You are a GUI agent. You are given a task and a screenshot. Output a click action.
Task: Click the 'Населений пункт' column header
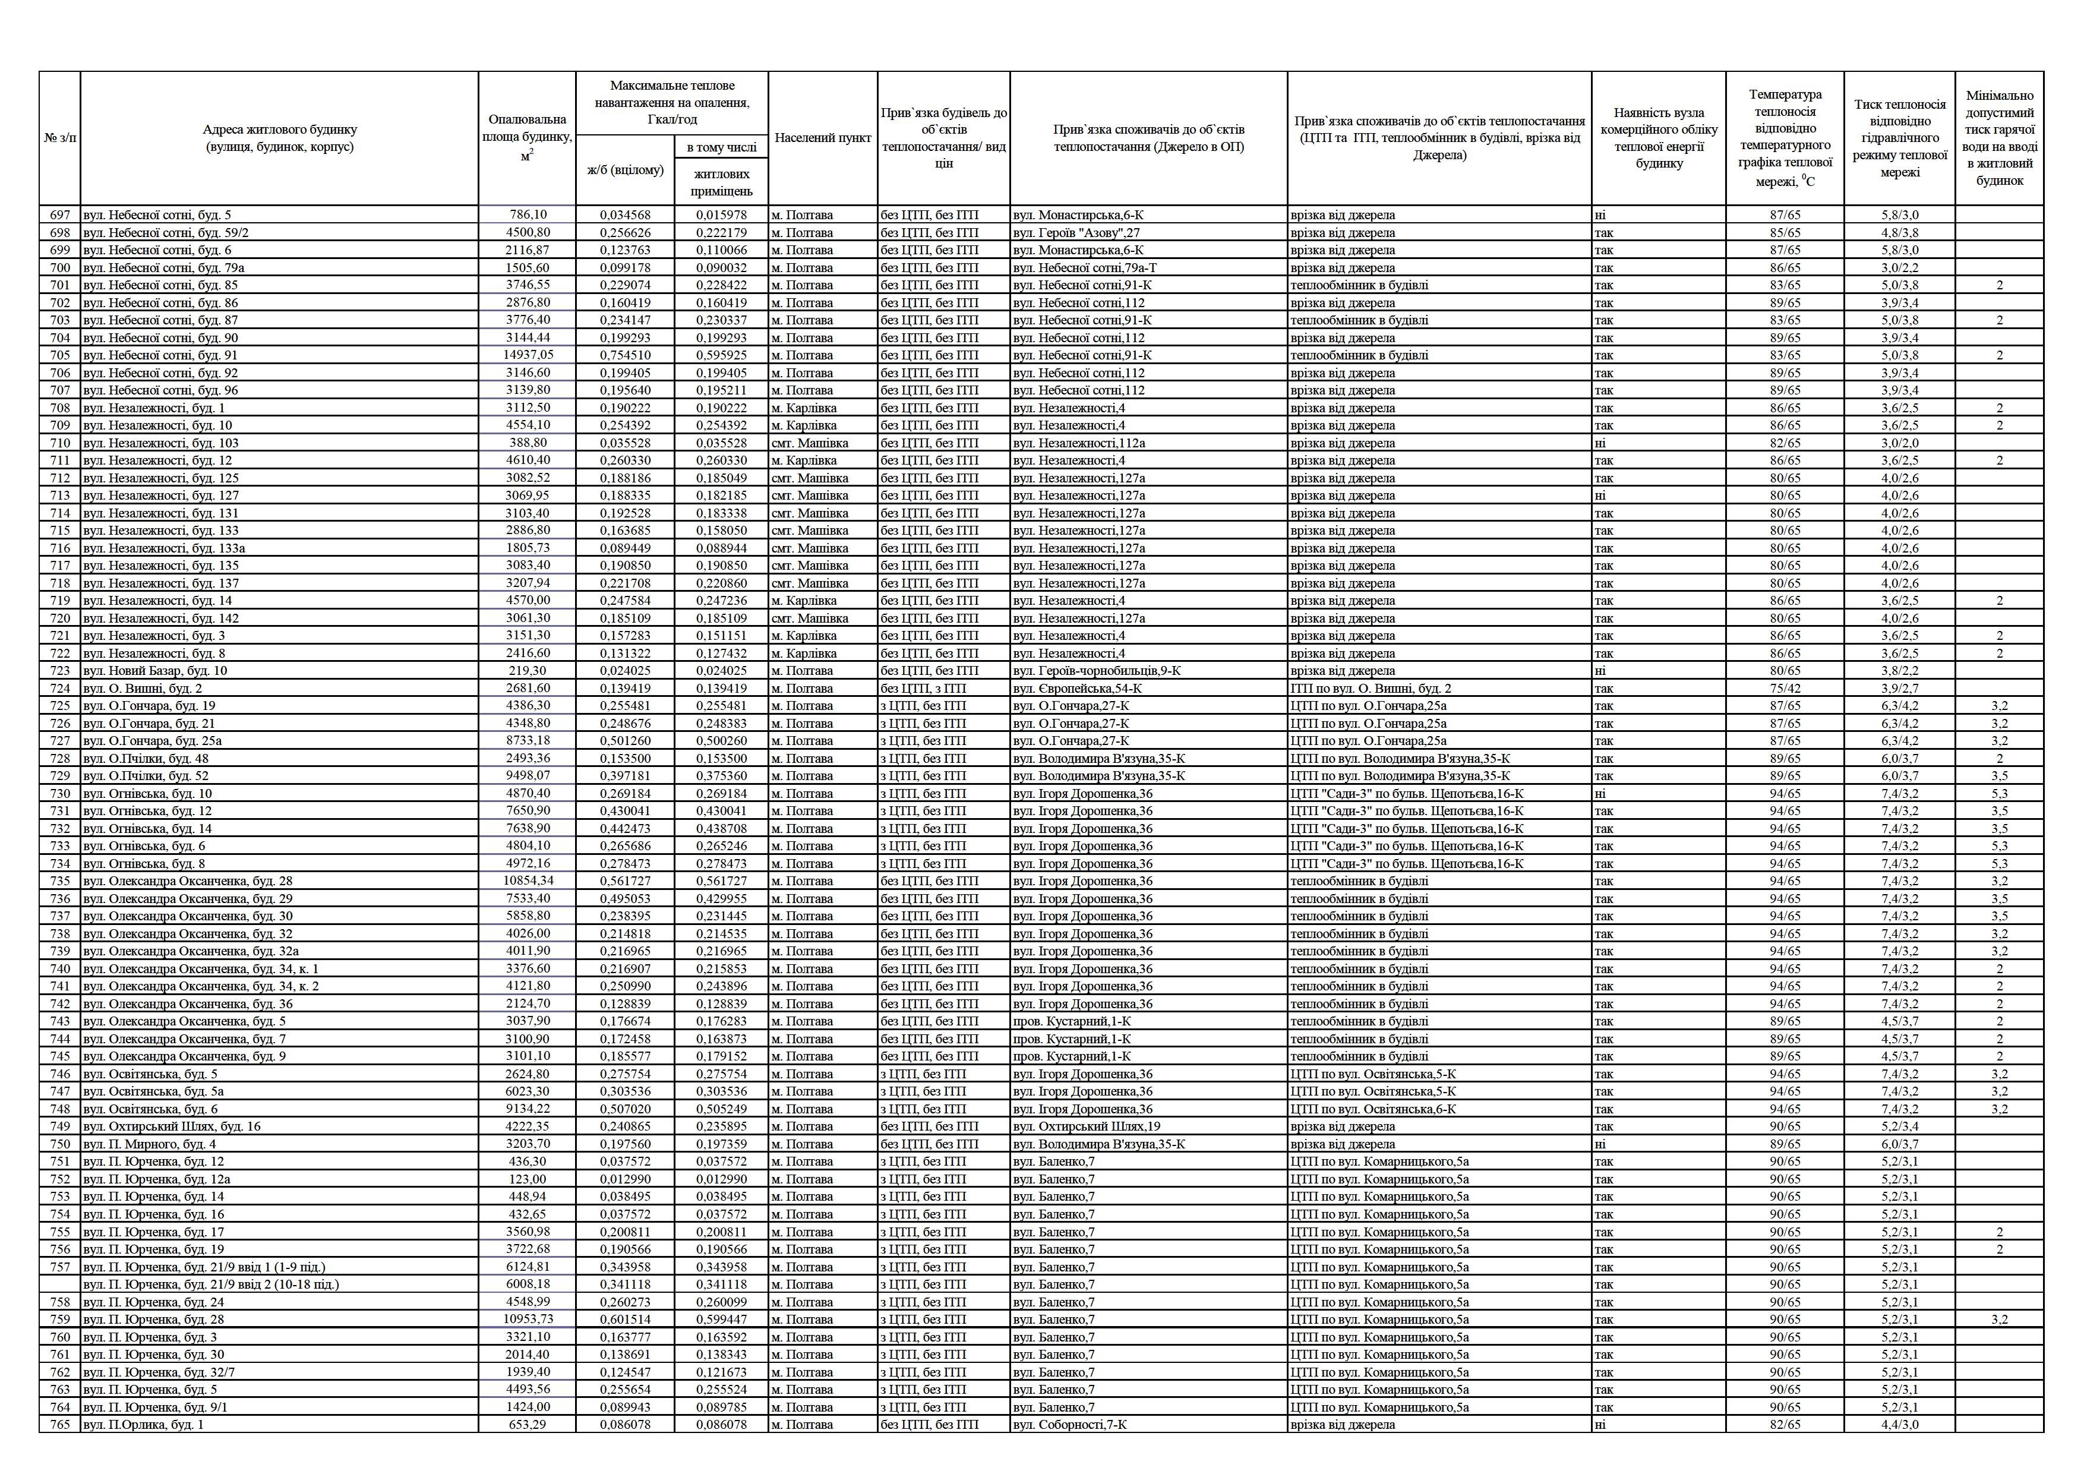coord(822,138)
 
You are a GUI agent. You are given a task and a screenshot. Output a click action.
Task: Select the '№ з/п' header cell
coord(60,138)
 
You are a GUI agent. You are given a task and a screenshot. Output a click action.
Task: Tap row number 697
coord(60,215)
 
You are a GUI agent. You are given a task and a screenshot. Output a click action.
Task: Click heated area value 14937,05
coord(528,355)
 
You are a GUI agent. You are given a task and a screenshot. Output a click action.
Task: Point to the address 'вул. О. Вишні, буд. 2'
coord(143,688)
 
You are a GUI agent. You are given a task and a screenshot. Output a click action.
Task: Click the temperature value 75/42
coord(1785,688)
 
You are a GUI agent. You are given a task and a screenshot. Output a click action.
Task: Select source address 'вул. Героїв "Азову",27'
coord(1076,232)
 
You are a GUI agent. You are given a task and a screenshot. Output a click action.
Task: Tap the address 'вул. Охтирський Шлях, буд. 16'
coord(172,1126)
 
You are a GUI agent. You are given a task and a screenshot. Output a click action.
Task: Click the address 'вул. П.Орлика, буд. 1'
coord(143,1424)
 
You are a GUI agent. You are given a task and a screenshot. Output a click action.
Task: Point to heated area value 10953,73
coord(528,1319)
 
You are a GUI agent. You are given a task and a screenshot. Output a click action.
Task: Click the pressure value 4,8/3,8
coord(1900,232)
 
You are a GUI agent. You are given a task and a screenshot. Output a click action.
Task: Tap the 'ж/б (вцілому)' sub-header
coord(626,170)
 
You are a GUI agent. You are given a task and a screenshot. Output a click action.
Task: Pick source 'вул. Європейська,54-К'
coord(1078,688)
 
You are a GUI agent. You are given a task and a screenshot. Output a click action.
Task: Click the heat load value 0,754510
coord(626,355)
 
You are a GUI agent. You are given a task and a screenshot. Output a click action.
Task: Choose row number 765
coord(60,1424)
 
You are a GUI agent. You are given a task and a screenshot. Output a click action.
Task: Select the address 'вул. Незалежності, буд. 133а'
coord(165,548)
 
